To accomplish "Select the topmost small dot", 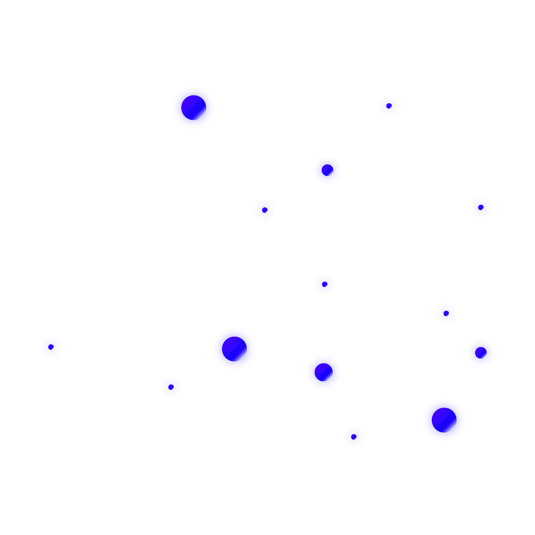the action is pos(389,106).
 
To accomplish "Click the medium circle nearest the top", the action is pos(327,170).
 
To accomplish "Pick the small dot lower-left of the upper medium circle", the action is pos(264,210).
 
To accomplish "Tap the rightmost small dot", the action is pos(481,207).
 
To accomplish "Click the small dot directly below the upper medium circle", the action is pos(325,284).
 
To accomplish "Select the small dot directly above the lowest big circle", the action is pos(446,314).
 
